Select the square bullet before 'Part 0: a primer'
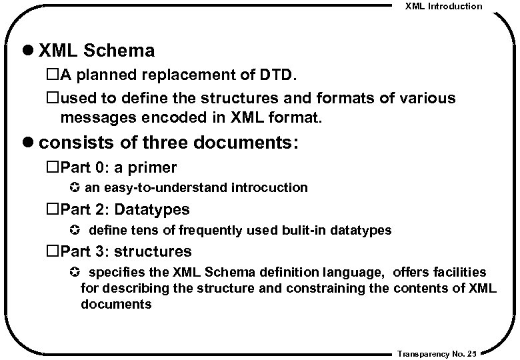click(x=53, y=167)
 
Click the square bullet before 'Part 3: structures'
click(x=53, y=252)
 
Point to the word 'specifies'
click(x=113, y=273)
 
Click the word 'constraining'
click(x=329, y=289)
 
